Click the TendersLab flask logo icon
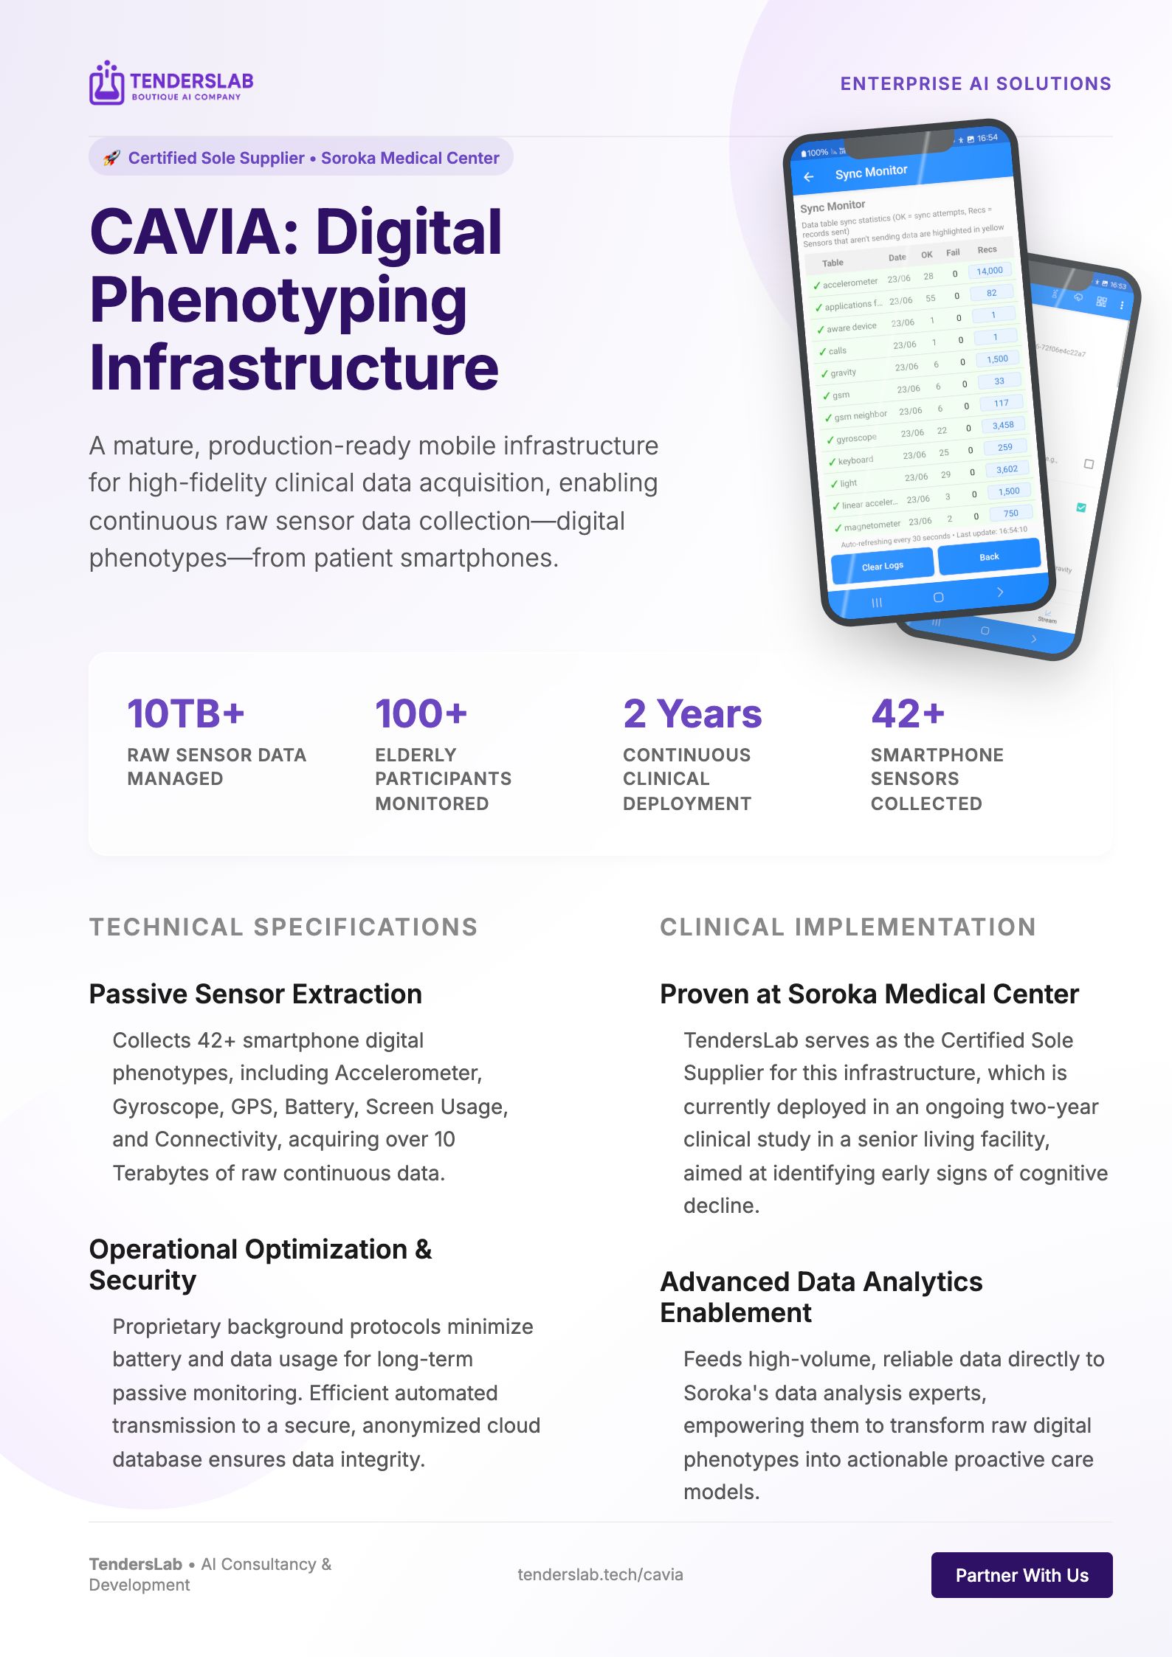(106, 83)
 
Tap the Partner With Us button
(1021, 1575)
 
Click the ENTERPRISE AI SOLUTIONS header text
(975, 83)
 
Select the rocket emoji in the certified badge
(111, 158)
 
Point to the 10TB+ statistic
(185, 713)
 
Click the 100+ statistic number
(421, 713)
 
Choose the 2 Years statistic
(692, 713)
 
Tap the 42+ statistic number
(907, 713)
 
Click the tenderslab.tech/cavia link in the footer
(600, 1574)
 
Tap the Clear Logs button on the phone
(882, 566)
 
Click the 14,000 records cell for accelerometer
(989, 271)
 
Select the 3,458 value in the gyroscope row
(1002, 426)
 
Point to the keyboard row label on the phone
(855, 460)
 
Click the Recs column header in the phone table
(987, 249)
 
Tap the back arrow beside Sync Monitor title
(809, 177)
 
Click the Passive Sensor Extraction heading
(255, 994)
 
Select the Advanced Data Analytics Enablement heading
(821, 1297)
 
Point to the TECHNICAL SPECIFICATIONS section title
(283, 927)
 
